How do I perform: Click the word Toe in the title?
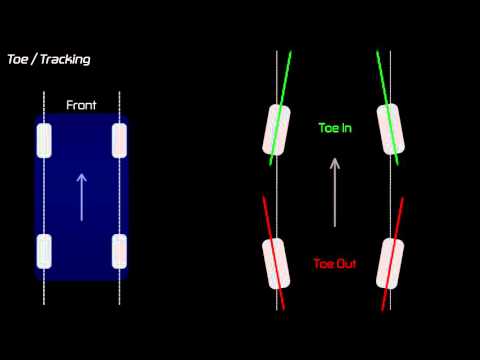[x=18, y=59]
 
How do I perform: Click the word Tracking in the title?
[x=64, y=59]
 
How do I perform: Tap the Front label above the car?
[x=81, y=104]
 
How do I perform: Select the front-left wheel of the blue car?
[x=44, y=140]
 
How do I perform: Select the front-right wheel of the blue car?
[x=120, y=140]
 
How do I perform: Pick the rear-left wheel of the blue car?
[x=44, y=251]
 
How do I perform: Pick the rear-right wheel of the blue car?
[x=120, y=251]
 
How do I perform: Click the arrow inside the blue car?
[x=82, y=195]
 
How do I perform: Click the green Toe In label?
[x=335, y=129]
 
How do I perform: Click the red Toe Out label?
[x=335, y=264]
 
